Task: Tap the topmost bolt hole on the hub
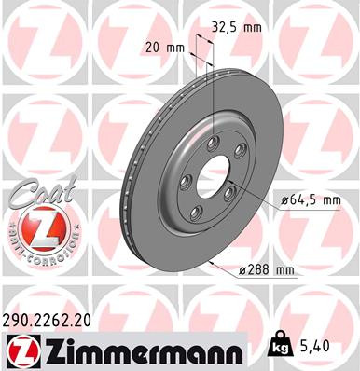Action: (x=213, y=141)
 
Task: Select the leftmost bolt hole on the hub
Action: (x=184, y=181)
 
